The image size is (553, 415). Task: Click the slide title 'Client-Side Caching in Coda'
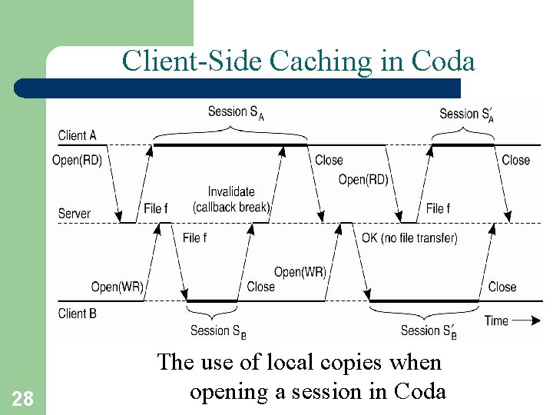pos(298,61)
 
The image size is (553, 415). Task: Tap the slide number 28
pos(22,398)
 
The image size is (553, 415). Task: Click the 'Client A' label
pos(78,135)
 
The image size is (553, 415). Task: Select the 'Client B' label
pos(78,313)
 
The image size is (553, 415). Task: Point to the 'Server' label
pos(75,213)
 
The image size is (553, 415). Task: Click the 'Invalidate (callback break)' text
pos(231,199)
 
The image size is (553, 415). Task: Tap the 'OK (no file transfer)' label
pos(409,237)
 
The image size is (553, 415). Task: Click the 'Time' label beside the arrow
pos(496,320)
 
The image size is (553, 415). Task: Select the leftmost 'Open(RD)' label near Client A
pos(77,160)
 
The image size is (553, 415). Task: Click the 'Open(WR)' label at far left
pos(117,287)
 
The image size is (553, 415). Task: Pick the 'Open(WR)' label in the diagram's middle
pos(300,272)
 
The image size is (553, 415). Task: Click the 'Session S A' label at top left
pos(236,112)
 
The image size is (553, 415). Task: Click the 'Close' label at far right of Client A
pos(515,160)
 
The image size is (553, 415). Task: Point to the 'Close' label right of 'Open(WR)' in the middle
pos(260,287)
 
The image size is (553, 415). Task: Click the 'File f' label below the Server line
pos(194,237)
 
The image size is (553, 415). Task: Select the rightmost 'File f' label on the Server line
pos(438,208)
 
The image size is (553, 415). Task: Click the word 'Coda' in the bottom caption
pos(419,391)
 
